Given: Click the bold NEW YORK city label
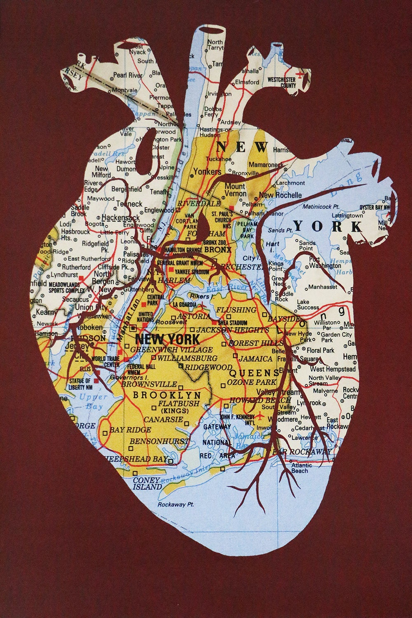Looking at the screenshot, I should click(x=167, y=339).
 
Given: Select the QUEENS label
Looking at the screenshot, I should click(x=254, y=373).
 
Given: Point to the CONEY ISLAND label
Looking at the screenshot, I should click(x=147, y=484).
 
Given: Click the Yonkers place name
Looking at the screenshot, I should click(x=207, y=171).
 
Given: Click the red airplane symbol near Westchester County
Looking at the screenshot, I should click(x=302, y=75).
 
